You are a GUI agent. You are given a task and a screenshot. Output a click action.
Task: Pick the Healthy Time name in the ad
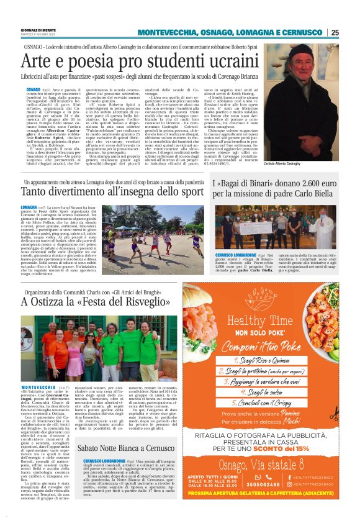pos(259,324)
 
